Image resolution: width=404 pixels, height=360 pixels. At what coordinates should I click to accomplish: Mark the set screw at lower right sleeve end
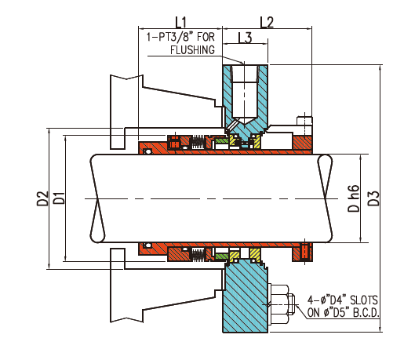coord(304,252)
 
